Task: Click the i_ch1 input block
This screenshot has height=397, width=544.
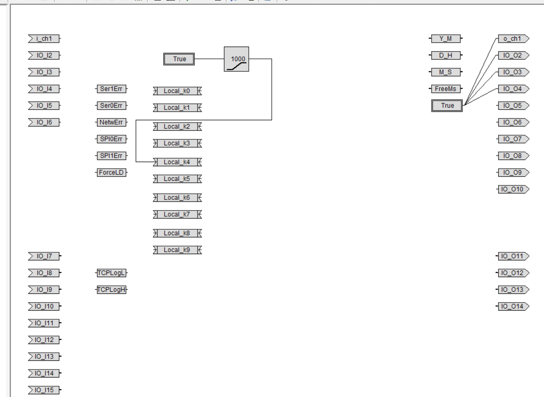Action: pyautogui.click(x=44, y=39)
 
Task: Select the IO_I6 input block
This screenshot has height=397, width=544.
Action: pyautogui.click(x=44, y=122)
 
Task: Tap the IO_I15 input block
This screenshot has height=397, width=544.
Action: pyautogui.click(x=44, y=390)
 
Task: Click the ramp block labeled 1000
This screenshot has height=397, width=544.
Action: pyautogui.click(x=236, y=59)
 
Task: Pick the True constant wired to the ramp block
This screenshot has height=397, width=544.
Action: pyautogui.click(x=179, y=59)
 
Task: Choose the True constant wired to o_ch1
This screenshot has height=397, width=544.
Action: pyautogui.click(x=447, y=106)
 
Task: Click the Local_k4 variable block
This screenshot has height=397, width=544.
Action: pyautogui.click(x=177, y=162)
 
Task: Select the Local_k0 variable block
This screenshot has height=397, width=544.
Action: pyautogui.click(x=177, y=91)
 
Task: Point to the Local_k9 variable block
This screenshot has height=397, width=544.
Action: pyautogui.click(x=177, y=250)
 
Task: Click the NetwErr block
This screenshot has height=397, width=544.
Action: pyautogui.click(x=111, y=122)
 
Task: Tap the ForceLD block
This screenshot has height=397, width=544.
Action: pyautogui.click(x=111, y=173)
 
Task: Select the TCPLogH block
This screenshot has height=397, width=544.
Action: pyautogui.click(x=111, y=290)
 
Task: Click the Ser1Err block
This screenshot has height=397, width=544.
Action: pyautogui.click(x=111, y=89)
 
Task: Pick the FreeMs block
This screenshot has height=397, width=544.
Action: pyautogui.click(x=446, y=89)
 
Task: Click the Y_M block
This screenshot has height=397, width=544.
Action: pyautogui.click(x=446, y=39)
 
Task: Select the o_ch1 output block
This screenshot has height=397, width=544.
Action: pyautogui.click(x=513, y=39)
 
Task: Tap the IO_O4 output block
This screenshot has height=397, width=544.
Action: pyautogui.click(x=513, y=89)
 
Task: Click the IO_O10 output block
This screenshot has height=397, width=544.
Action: pyautogui.click(x=513, y=189)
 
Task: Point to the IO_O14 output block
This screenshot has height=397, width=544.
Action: pyautogui.click(x=513, y=306)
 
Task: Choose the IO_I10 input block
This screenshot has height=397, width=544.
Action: pyautogui.click(x=44, y=306)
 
